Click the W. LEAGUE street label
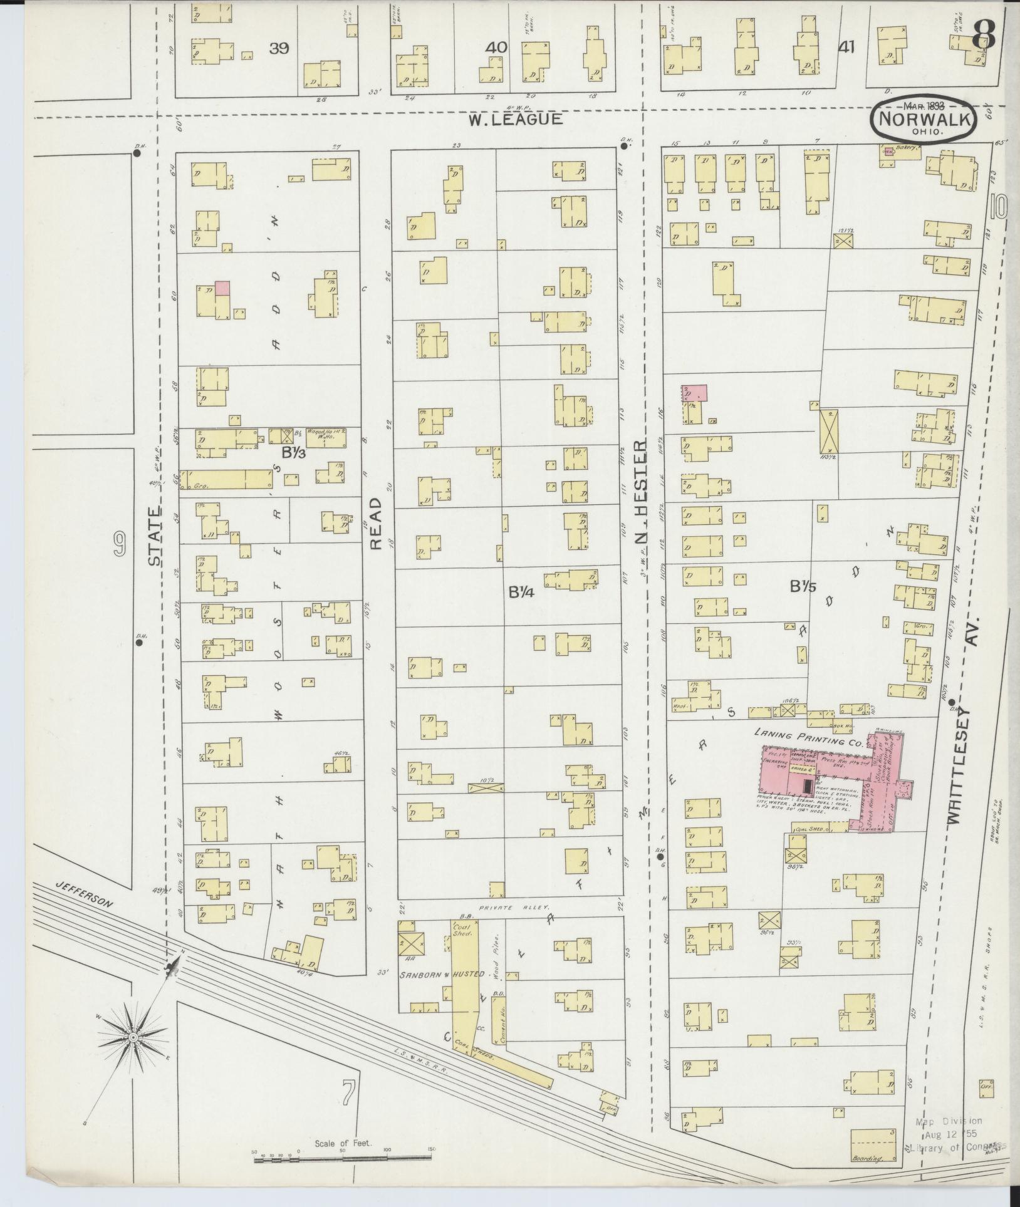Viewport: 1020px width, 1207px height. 516,119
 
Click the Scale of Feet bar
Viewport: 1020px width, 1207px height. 345,1160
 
